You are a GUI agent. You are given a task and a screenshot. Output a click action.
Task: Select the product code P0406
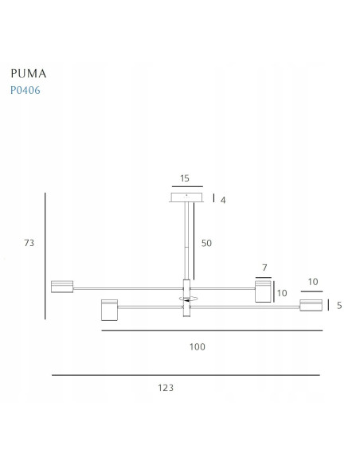tap(25, 90)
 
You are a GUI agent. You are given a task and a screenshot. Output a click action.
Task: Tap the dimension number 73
tap(29, 243)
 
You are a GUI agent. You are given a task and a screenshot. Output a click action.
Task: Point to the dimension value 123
tap(166, 388)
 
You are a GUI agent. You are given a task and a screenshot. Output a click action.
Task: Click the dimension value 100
tap(198, 346)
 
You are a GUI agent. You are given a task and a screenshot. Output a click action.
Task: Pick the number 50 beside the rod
tap(205, 244)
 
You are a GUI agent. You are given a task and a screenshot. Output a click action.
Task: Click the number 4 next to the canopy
tap(224, 200)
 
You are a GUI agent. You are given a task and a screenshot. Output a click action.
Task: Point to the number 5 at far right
tap(339, 305)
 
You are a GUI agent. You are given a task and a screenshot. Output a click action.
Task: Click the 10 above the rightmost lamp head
tap(312, 282)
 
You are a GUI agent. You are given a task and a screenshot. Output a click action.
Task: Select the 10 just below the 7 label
tap(281, 293)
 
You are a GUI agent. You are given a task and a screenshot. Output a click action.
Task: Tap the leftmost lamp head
tap(61, 286)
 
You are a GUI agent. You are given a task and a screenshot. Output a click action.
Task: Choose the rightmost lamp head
tap(311, 305)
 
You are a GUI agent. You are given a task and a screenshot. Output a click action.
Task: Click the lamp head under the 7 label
tap(263, 291)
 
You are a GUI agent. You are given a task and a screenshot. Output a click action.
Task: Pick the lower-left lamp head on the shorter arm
tap(109, 310)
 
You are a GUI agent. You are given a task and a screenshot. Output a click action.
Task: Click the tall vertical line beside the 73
tap(45, 256)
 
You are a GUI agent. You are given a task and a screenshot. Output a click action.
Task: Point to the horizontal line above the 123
tap(186, 374)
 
